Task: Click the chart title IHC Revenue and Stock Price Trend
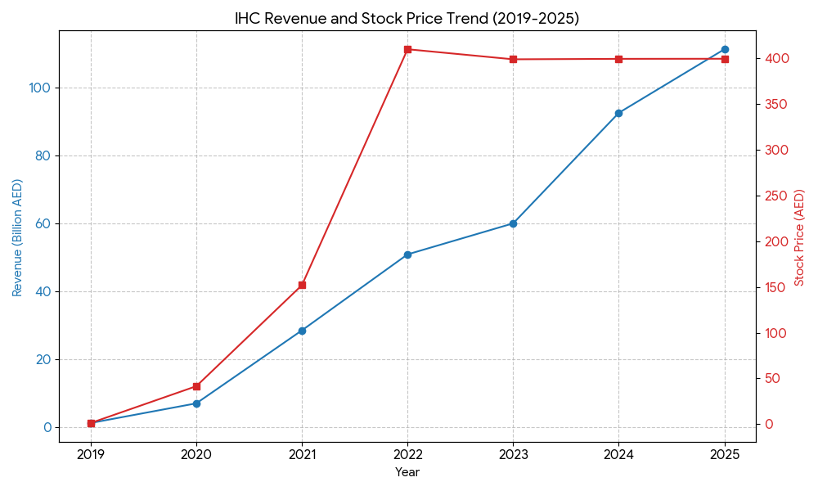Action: coord(407,18)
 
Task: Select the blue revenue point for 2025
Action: coord(725,49)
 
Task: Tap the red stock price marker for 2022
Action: coord(407,49)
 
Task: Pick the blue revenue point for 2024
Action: coord(618,113)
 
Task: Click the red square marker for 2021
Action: coord(302,285)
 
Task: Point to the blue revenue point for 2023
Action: coord(513,223)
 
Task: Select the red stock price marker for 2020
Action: coord(196,386)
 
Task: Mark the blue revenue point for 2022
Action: coord(407,255)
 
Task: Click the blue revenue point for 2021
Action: coord(302,331)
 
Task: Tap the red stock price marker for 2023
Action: coord(513,59)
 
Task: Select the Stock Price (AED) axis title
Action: coord(799,237)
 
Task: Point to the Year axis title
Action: coord(407,472)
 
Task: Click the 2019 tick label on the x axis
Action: coord(91,454)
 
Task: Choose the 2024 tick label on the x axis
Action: coord(618,454)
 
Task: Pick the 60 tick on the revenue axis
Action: coord(43,223)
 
